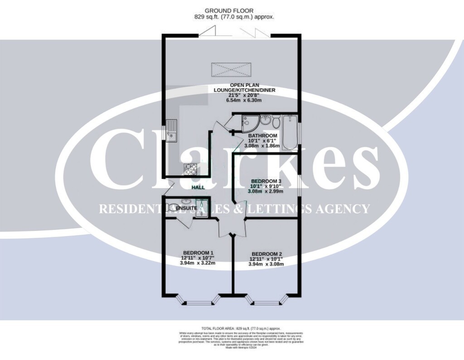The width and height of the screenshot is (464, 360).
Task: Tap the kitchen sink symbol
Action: click(171, 130)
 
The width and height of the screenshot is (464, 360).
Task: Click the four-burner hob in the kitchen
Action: click(191, 168)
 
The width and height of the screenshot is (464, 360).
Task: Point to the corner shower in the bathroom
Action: click(249, 123)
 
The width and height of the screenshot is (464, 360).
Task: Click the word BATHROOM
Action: click(263, 136)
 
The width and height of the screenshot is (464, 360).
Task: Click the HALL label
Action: click(198, 187)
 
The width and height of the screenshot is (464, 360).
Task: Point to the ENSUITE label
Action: click(187, 207)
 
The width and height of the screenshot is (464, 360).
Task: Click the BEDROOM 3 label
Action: click(266, 181)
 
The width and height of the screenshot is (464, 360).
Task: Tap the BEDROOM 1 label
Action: click(198, 253)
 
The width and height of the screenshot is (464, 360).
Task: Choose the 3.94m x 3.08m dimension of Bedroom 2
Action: click(267, 264)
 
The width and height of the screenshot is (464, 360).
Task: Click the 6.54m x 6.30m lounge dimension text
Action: click(245, 101)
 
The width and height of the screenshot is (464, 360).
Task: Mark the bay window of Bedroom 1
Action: click(198, 300)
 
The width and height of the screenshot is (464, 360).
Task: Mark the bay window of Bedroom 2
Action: click(266, 300)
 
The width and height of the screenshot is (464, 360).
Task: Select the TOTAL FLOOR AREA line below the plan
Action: click(241, 327)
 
